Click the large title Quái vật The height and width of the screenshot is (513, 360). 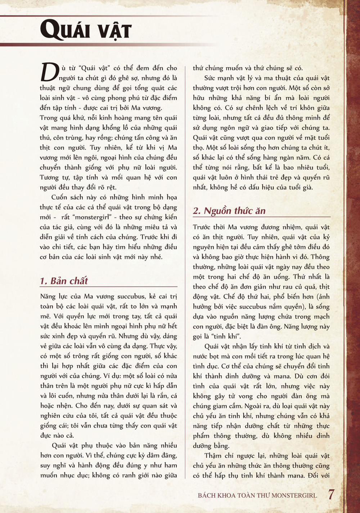(x=86, y=30)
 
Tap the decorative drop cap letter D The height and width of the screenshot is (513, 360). (x=49, y=72)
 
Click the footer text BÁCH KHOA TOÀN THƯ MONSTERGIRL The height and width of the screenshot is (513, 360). (x=257, y=495)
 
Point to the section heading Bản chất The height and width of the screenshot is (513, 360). (x=69, y=281)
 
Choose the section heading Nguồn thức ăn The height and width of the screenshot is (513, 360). (x=234, y=211)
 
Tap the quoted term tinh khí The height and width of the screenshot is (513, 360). (x=225, y=336)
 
